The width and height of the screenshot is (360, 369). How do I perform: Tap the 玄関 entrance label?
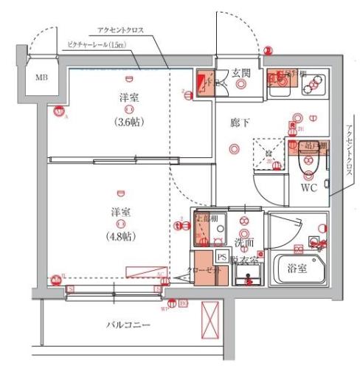click(241, 73)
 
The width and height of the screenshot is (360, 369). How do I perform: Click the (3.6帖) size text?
click(129, 122)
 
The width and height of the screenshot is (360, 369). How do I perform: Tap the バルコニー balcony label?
click(127, 325)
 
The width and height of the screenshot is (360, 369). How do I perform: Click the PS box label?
click(222, 256)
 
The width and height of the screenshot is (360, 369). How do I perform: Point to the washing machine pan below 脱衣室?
click(249, 276)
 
